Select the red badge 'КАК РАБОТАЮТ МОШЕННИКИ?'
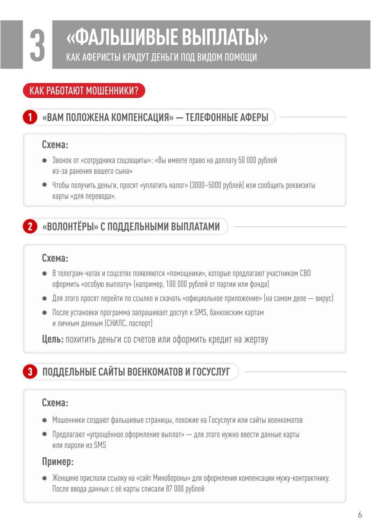[x=84, y=91]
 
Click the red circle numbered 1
[x=30, y=118]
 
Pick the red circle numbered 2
[x=30, y=226]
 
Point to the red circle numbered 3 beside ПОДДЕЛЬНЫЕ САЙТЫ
[x=30, y=372]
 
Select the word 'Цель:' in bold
[x=53, y=339]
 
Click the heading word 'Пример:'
[x=58, y=461]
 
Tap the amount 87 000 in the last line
[x=174, y=488]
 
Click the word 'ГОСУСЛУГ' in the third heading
[x=211, y=372]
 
